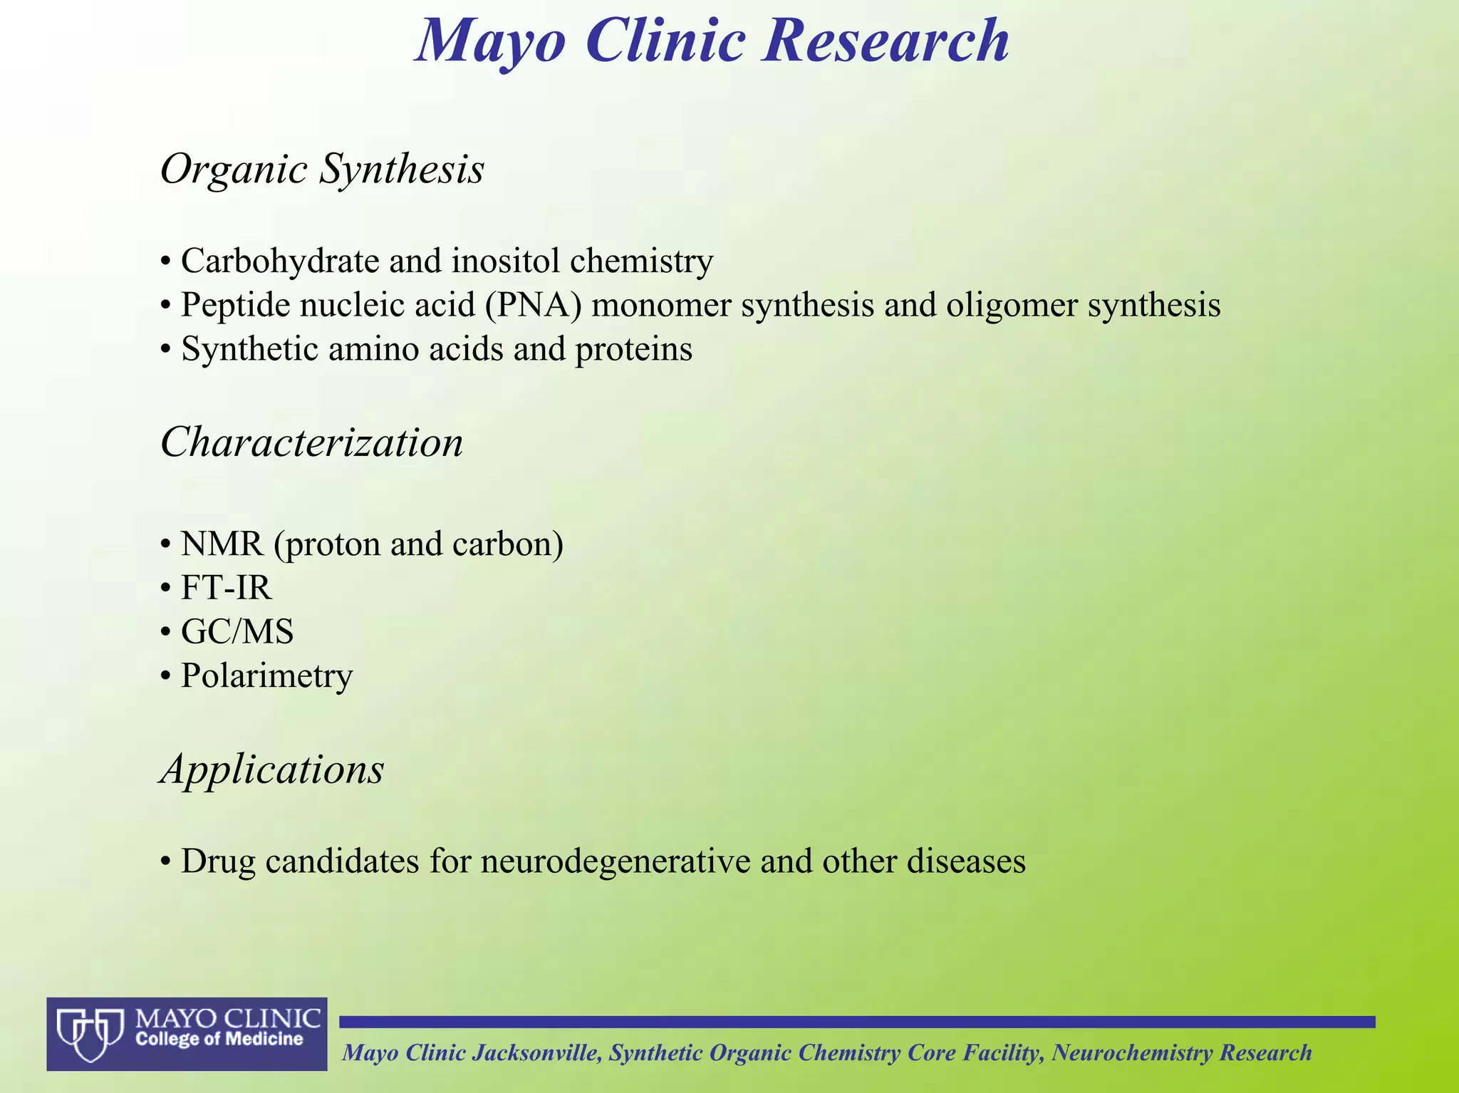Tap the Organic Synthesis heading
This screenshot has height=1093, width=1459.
pyautogui.click(x=322, y=170)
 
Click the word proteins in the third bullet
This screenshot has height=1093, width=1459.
pyautogui.click(x=633, y=350)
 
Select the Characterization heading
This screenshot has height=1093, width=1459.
pyautogui.click(x=311, y=442)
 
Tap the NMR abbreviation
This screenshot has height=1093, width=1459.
pyautogui.click(x=222, y=544)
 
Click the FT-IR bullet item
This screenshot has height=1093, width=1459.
pyautogui.click(x=226, y=588)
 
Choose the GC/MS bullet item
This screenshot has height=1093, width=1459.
pyautogui.click(x=237, y=631)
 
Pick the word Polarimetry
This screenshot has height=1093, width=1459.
pyautogui.click(x=266, y=675)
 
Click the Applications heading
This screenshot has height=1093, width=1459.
pyautogui.click(x=272, y=770)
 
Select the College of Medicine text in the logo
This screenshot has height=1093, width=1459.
pyautogui.click(x=219, y=1040)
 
